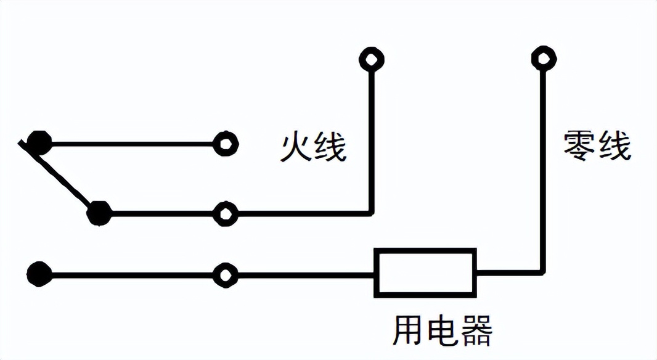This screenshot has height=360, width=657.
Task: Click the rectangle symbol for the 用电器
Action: click(x=425, y=272)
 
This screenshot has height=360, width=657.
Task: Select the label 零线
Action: click(x=597, y=147)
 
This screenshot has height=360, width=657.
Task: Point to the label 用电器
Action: click(x=443, y=331)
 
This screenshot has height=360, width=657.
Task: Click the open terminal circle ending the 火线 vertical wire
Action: click(x=371, y=59)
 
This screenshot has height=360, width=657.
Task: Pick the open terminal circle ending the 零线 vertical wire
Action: click(x=544, y=59)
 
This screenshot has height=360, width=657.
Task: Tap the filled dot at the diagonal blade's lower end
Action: click(x=99, y=213)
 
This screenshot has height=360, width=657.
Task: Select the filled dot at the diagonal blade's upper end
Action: click(x=39, y=144)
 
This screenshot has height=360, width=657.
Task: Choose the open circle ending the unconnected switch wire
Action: click(x=225, y=144)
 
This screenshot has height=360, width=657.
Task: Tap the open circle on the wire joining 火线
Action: click(x=225, y=214)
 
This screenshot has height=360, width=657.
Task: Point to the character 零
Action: click(x=580, y=147)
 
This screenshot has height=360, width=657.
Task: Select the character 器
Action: click(x=476, y=331)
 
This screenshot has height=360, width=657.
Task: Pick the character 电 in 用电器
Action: click(x=443, y=331)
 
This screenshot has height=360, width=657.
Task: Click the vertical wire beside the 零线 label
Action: click(x=544, y=166)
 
